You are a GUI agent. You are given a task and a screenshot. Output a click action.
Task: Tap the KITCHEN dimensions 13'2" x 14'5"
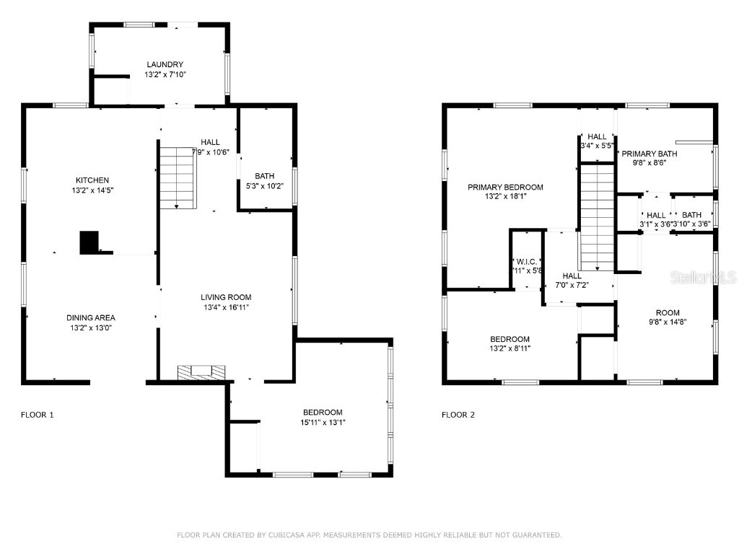(x=92, y=190)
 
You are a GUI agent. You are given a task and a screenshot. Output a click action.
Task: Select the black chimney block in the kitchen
(x=89, y=242)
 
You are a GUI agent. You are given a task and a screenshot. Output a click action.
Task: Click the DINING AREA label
(x=91, y=317)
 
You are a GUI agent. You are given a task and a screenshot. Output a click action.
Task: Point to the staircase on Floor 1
(x=177, y=176)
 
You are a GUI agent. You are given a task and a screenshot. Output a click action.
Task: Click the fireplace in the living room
(x=202, y=371)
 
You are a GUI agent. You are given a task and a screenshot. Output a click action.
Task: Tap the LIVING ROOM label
(x=226, y=297)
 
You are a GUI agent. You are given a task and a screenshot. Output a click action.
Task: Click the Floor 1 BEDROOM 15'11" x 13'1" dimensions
(x=322, y=423)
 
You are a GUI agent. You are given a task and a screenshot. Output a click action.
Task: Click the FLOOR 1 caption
(x=37, y=415)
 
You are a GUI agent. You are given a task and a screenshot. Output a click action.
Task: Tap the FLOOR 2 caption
(x=458, y=415)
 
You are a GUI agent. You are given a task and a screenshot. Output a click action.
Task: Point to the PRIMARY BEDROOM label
(x=505, y=188)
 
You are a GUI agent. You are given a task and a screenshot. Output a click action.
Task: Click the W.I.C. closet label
(x=526, y=261)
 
